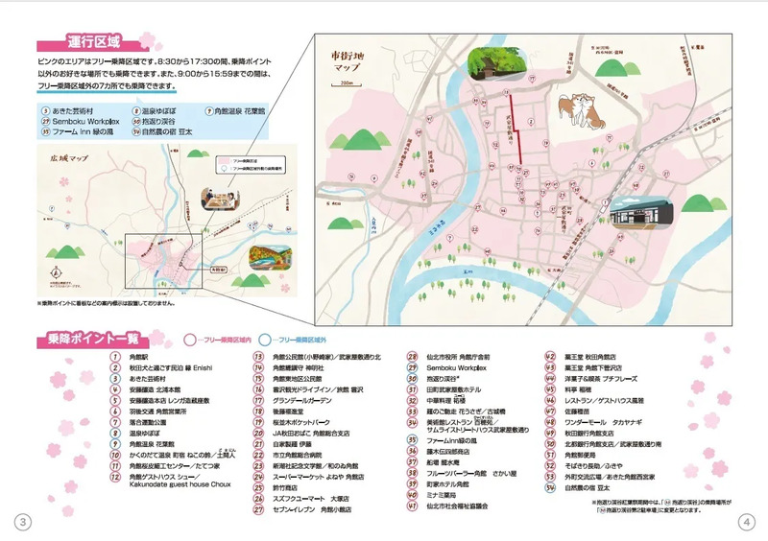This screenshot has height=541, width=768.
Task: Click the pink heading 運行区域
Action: [x=93, y=43]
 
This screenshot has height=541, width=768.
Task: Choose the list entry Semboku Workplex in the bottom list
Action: [x=459, y=367]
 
